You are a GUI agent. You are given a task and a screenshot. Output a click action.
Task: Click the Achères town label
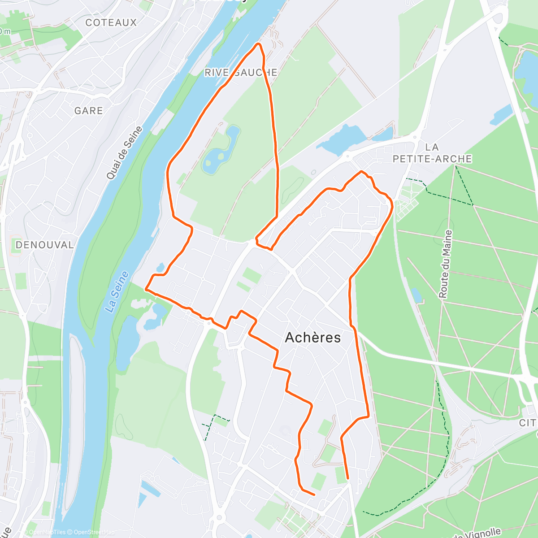click(313, 338)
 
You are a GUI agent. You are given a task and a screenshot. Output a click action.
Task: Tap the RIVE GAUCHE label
click(241, 73)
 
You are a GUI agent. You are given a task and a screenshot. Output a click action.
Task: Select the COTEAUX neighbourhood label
click(111, 22)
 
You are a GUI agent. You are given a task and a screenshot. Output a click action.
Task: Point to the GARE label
click(88, 110)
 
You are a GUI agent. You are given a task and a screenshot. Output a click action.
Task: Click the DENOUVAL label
click(44, 245)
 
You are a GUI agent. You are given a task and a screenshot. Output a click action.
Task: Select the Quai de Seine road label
click(124, 153)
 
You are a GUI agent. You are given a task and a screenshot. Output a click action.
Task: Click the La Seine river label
click(117, 292)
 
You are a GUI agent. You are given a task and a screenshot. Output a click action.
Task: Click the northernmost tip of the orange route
click(258, 44)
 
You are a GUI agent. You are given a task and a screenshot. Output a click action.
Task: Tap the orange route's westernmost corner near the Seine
click(146, 290)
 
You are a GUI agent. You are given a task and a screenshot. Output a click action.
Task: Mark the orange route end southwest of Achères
click(314, 495)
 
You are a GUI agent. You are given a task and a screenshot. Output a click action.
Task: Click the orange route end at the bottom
click(348, 479)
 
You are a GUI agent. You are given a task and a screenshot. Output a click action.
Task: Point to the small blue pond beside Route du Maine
click(417, 295)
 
